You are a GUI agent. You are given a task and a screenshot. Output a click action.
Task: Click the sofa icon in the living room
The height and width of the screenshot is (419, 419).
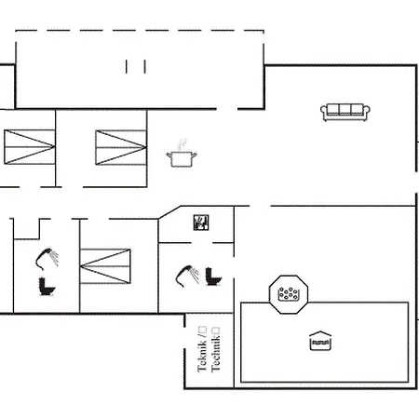tap(345, 112)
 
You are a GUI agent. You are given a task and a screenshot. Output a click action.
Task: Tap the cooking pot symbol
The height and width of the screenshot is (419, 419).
tap(182, 159)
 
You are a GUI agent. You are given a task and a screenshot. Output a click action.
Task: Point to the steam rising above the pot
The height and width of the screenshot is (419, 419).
tap(182, 144)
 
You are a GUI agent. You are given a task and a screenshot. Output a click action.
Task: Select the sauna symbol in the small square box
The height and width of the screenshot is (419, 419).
tap(201, 223)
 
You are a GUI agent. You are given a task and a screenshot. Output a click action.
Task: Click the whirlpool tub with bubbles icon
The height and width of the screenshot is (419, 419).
tap(289, 294)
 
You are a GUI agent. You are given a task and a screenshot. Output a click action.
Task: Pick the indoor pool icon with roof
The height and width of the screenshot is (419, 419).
tap(320, 341)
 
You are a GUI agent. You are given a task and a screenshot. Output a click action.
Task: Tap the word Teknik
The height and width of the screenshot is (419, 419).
tap(202, 357)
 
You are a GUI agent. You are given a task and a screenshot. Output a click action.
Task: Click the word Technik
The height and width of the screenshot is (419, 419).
tap(215, 354)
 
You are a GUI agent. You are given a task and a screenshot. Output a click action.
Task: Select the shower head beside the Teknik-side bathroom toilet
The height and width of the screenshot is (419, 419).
tap(187, 276)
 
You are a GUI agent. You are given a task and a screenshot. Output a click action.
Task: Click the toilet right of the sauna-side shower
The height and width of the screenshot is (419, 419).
tap(213, 277)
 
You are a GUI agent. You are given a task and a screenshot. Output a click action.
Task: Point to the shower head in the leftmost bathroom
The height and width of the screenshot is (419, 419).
tap(47, 259)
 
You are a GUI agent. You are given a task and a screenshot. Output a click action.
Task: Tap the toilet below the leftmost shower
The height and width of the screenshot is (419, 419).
tap(47, 287)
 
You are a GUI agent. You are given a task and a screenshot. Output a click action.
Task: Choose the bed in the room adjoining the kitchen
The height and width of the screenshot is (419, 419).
tap(121, 147)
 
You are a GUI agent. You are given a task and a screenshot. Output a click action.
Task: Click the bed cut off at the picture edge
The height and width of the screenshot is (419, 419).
tap(30, 147)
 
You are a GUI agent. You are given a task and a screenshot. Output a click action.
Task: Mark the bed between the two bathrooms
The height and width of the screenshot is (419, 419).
tap(105, 266)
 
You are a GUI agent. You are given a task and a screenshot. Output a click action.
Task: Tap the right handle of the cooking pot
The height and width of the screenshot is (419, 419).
tap(194, 155)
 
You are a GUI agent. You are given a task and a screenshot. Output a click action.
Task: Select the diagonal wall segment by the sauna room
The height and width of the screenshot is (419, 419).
tap(169, 212)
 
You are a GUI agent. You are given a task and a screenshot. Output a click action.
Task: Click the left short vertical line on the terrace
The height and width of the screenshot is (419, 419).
tap(127, 67)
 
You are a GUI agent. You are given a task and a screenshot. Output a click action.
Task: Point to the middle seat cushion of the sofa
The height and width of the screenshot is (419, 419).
tap(345, 109)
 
